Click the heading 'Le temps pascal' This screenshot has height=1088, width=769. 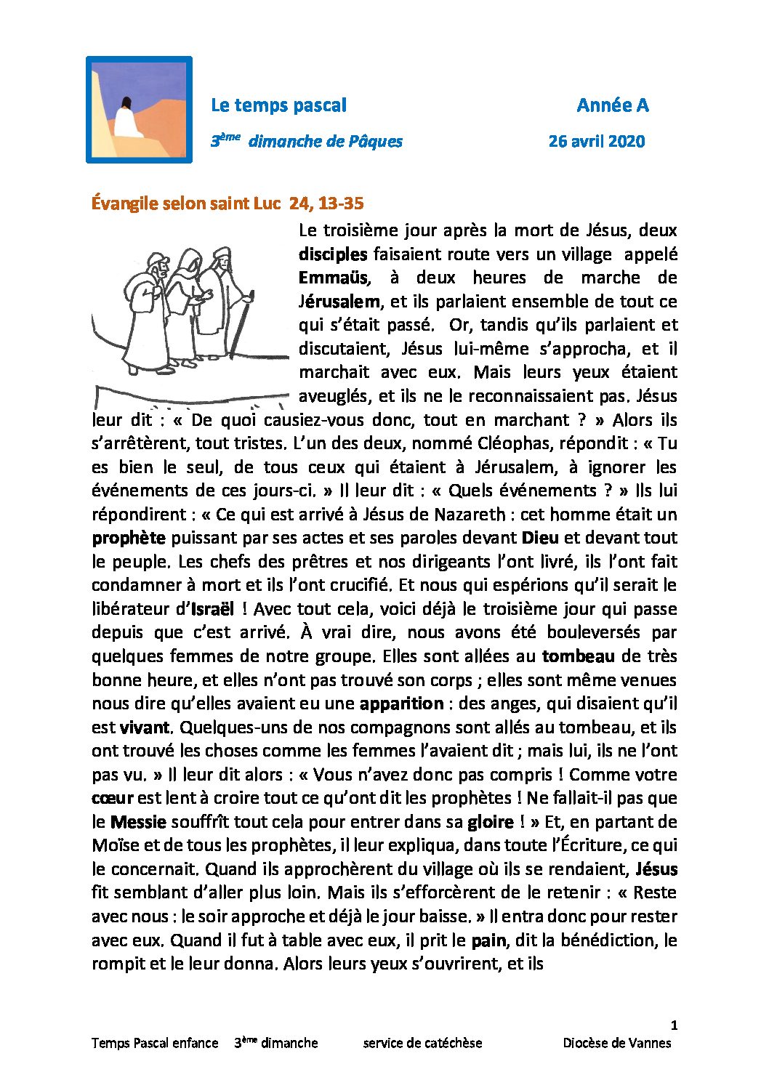point(278,105)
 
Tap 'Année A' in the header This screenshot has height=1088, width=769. point(612,105)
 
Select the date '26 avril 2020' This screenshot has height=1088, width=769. point(596,141)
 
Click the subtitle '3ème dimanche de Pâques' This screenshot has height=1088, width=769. point(306,141)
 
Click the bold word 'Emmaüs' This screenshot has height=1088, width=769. point(334,278)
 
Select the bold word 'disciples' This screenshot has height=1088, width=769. point(333,254)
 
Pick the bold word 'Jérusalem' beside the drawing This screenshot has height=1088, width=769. point(339,301)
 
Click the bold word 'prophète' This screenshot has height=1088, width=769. point(129,538)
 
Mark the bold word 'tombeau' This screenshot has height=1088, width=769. point(578,656)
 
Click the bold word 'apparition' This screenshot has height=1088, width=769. point(401,704)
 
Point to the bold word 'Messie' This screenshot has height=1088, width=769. point(138,822)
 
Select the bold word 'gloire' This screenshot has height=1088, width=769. point(490,822)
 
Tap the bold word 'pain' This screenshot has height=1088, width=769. point(488,940)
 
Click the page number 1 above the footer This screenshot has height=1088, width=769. point(674,1025)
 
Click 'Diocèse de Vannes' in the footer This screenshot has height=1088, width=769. point(616,1043)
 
